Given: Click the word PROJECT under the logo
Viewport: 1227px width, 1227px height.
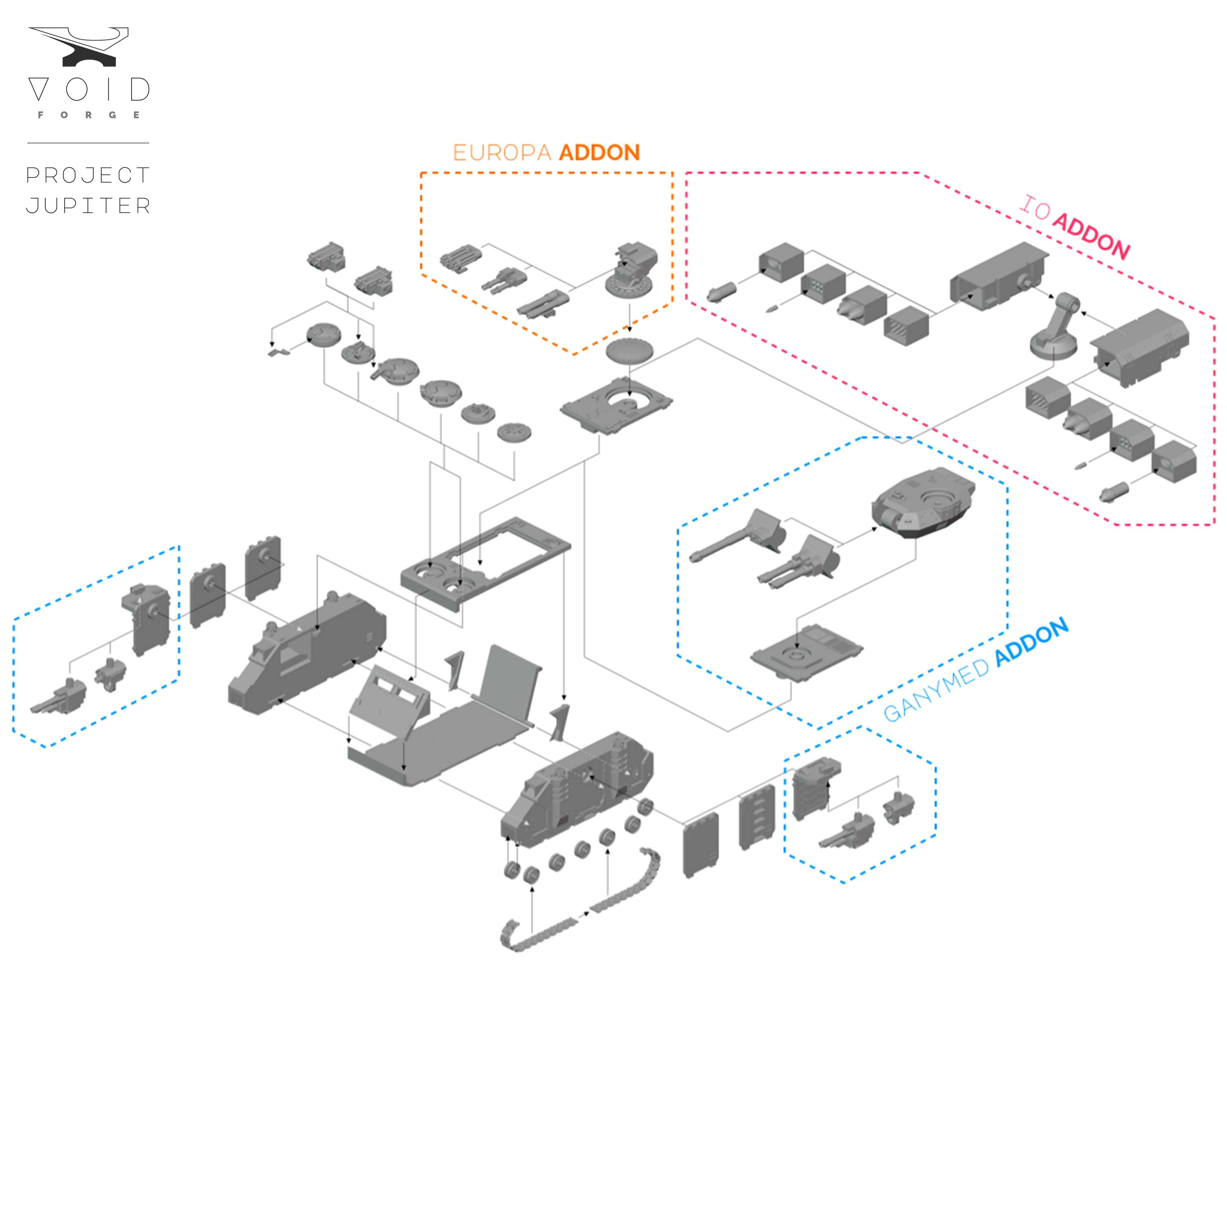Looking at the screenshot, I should (x=88, y=175).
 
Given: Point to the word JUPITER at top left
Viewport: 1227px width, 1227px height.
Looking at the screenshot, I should (x=88, y=206).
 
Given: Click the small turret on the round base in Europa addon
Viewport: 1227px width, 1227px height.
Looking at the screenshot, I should (x=632, y=270).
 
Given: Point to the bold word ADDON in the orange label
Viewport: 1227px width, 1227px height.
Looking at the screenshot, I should (x=599, y=153).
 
